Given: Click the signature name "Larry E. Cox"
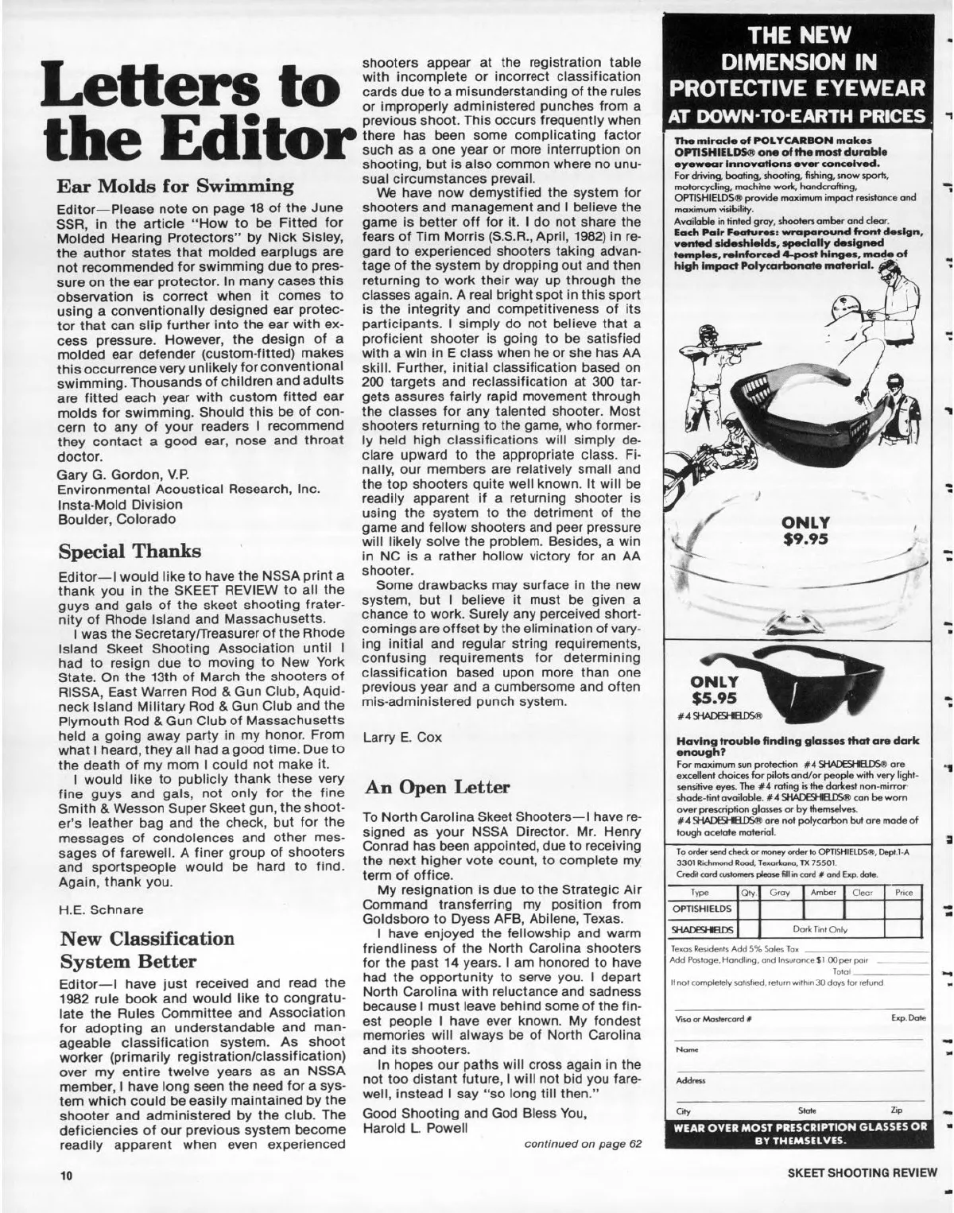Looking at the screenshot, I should coord(402,737).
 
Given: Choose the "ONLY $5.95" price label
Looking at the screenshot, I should coord(715,690).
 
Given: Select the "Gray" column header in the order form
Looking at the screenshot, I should coord(780,893).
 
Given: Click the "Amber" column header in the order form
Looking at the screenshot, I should coord(824,893).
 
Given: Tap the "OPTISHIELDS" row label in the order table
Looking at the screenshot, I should coord(702,908).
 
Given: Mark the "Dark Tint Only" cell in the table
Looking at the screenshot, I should coord(823,927).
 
